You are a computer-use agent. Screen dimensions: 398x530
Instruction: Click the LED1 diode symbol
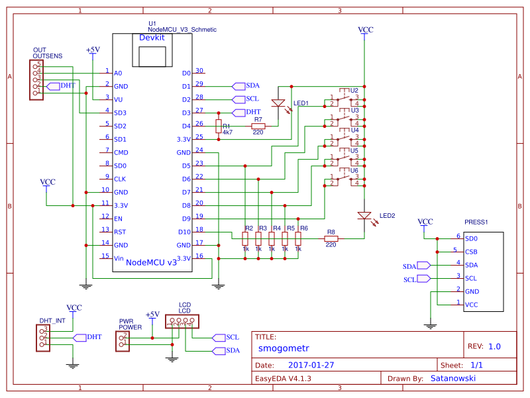click(279, 103)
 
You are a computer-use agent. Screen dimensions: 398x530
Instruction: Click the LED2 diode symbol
click(364, 216)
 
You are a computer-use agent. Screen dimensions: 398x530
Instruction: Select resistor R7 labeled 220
click(258, 126)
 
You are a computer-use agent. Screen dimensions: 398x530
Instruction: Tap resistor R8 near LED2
click(331, 238)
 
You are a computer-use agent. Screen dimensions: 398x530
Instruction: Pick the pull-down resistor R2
click(245, 239)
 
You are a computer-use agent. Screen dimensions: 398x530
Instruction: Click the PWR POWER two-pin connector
click(123, 341)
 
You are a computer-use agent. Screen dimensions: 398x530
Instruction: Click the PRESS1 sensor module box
click(482, 272)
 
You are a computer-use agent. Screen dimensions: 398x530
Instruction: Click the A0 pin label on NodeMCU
click(118, 73)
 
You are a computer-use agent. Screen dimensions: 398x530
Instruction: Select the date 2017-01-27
click(311, 365)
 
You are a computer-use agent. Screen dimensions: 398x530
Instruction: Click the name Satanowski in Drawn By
click(452, 378)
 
